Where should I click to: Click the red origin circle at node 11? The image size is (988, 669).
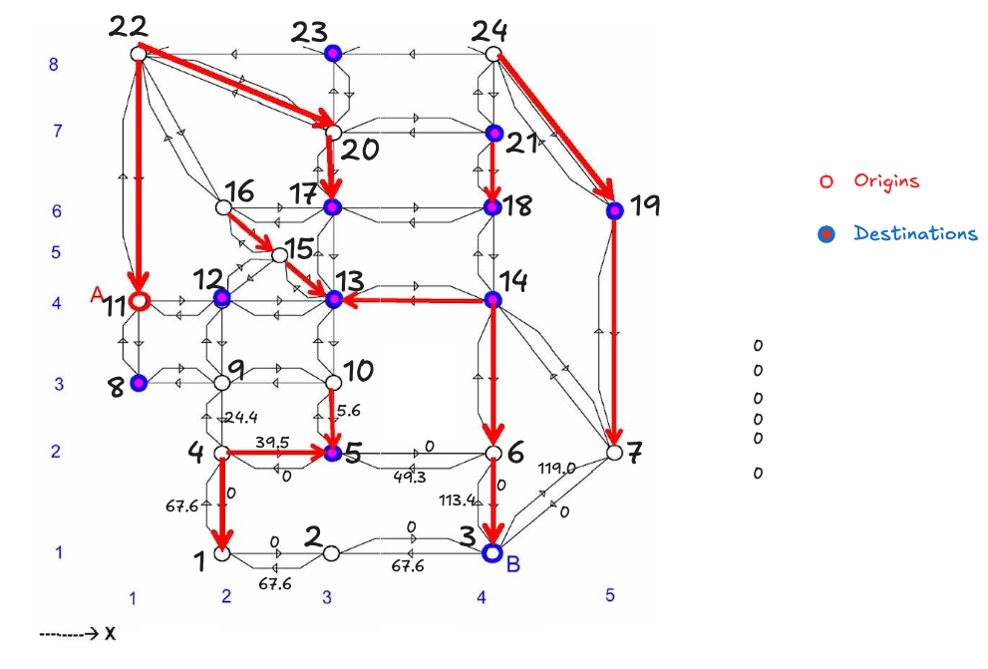pyautogui.click(x=140, y=300)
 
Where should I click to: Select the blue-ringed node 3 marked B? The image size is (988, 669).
pyautogui.click(x=492, y=552)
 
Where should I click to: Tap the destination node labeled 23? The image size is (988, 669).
pyautogui.click(x=333, y=53)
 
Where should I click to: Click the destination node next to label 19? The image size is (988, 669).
pyautogui.click(x=614, y=210)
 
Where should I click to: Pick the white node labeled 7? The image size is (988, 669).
pyautogui.click(x=614, y=453)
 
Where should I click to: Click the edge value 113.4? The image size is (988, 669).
pyautogui.click(x=455, y=501)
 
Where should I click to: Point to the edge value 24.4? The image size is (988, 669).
pyautogui.click(x=241, y=417)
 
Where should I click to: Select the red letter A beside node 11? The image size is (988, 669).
pyautogui.click(x=97, y=293)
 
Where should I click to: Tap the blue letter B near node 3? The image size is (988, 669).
pyautogui.click(x=513, y=564)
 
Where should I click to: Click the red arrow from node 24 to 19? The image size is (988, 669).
pyautogui.click(x=554, y=126)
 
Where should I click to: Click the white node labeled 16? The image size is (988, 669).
pyautogui.click(x=223, y=207)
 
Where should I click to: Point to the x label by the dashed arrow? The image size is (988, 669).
pyautogui.click(x=110, y=632)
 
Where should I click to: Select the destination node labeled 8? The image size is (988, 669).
pyautogui.click(x=139, y=382)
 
